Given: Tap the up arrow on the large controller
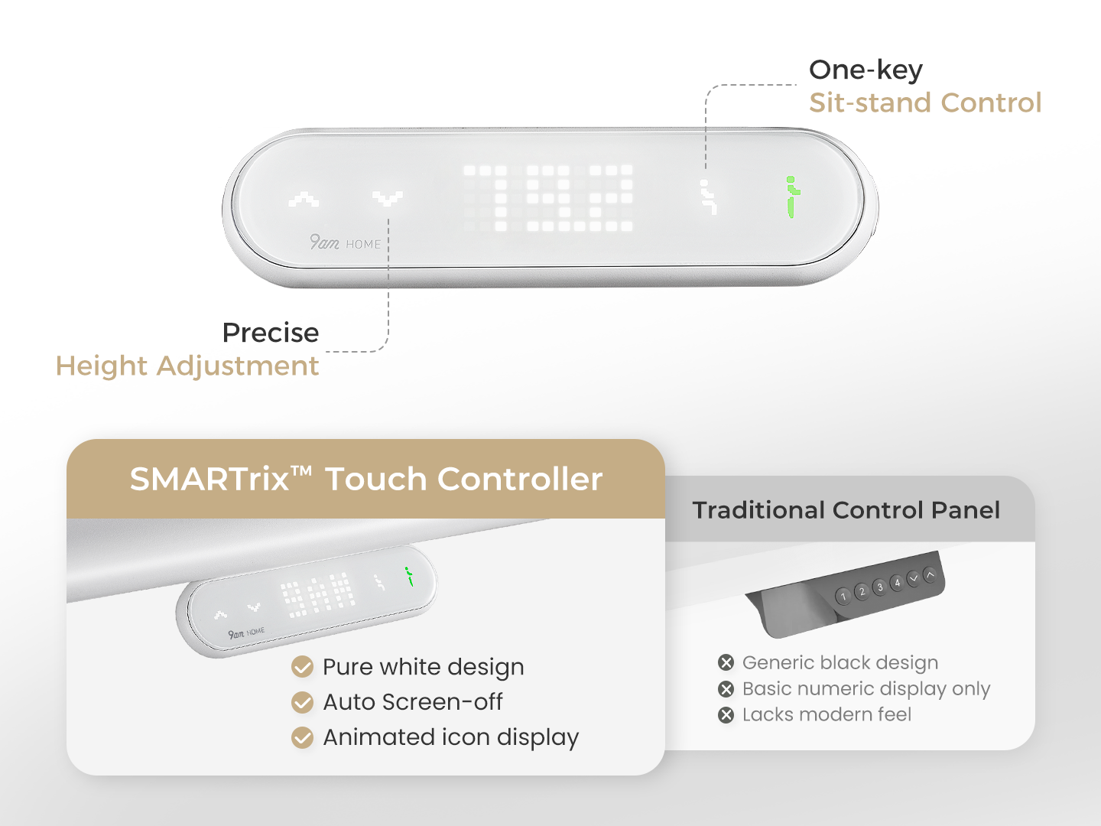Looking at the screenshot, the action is pos(304,200).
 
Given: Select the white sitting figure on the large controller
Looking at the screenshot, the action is pos(708,197).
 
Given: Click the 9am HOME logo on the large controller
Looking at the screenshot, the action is pos(345,242).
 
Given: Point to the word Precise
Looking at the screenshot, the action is pos(271,333).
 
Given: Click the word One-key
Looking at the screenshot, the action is pos(866,70).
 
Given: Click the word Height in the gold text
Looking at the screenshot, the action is pos(102,366).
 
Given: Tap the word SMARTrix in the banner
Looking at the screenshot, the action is pos(209,479).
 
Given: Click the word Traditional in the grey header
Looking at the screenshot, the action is pos(758,511).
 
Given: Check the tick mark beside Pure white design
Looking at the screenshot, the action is pos(303,667).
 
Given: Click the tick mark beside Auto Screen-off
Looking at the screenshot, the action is pos(303,702).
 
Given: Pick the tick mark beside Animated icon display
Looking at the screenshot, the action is pos(303,738).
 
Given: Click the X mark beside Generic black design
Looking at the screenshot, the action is pos(726,662).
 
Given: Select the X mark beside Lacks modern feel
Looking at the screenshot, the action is pos(726,714).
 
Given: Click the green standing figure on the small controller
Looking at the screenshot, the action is pos(409,576).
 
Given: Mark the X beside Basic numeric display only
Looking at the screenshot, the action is pos(726,688).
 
